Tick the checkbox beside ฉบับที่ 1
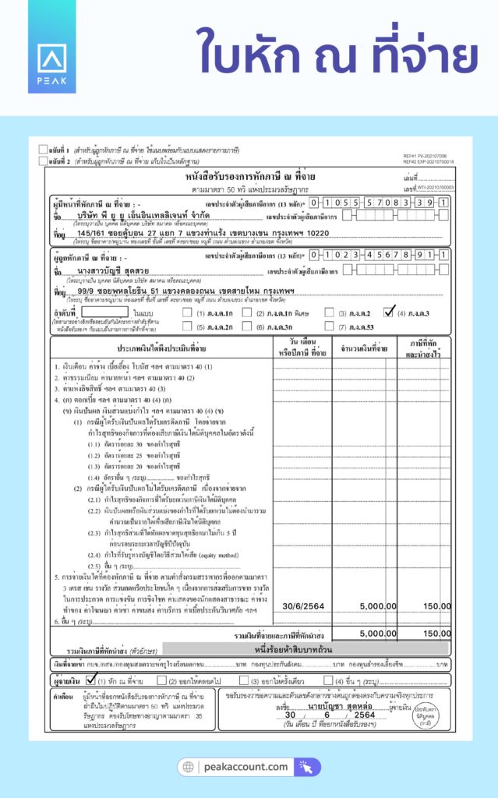(42, 148)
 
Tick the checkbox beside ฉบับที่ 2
(42, 161)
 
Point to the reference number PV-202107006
(440, 156)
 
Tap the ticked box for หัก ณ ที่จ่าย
(89, 680)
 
